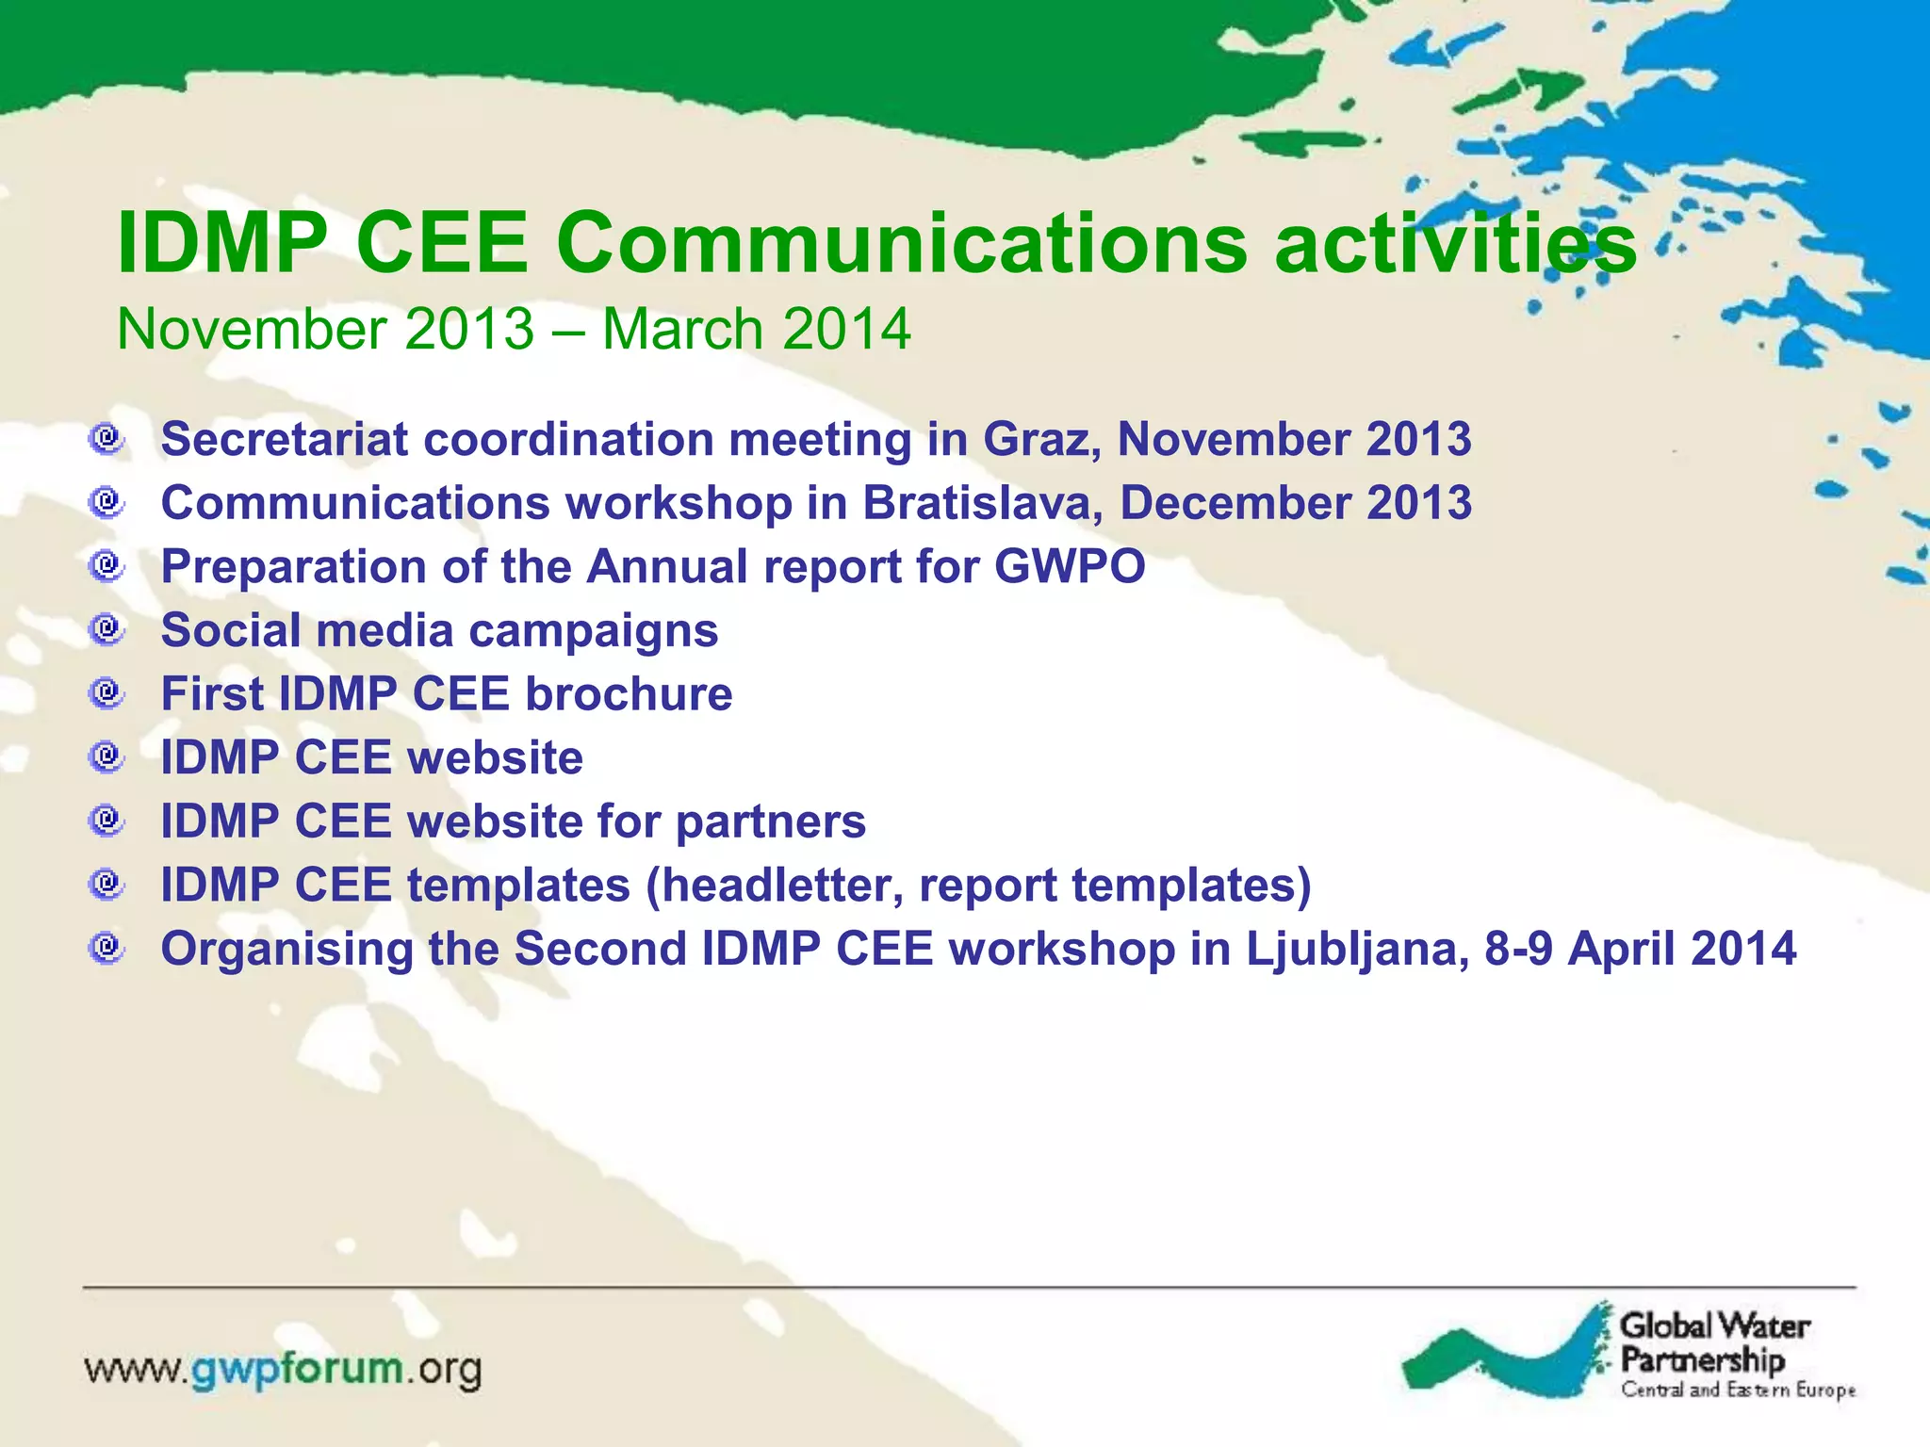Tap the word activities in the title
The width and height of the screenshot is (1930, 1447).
(1456, 243)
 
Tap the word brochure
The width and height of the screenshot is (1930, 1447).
(629, 694)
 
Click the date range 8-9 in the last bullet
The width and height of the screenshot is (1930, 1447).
(1518, 949)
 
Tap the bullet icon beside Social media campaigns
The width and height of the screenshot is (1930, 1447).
(107, 629)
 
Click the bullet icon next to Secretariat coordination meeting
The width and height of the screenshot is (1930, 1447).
(107, 438)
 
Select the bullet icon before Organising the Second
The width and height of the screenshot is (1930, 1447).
(107, 947)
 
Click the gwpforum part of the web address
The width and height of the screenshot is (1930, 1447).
(298, 1369)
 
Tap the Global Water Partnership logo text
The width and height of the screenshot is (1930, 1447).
(1713, 1342)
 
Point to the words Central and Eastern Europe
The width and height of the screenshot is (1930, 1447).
(1738, 1390)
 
